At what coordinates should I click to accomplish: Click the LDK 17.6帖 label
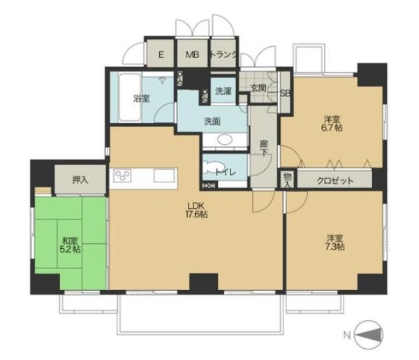(x=196, y=210)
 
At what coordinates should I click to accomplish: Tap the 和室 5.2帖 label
(x=70, y=245)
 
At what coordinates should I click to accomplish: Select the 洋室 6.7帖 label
(x=332, y=123)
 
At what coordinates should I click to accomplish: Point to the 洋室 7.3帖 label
(x=335, y=242)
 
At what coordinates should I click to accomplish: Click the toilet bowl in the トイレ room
(x=212, y=168)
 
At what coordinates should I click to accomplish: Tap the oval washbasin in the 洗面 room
(x=224, y=139)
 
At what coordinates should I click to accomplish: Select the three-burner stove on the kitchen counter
(x=123, y=175)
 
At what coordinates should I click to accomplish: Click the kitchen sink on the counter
(x=164, y=176)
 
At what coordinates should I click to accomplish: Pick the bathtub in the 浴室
(x=129, y=98)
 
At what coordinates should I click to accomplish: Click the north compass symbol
(x=369, y=335)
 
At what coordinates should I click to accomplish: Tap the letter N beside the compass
(x=347, y=335)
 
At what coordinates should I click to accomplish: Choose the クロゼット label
(x=335, y=181)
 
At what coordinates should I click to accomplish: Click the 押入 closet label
(x=80, y=180)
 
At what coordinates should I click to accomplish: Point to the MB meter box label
(x=193, y=55)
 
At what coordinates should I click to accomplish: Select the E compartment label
(x=161, y=55)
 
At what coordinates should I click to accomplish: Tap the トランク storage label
(x=223, y=55)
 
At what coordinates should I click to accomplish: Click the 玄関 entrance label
(x=258, y=88)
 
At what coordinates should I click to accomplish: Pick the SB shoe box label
(x=285, y=94)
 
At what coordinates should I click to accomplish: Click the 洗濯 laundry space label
(x=223, y=91)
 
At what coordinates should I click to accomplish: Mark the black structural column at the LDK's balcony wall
(x=204, y=284)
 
